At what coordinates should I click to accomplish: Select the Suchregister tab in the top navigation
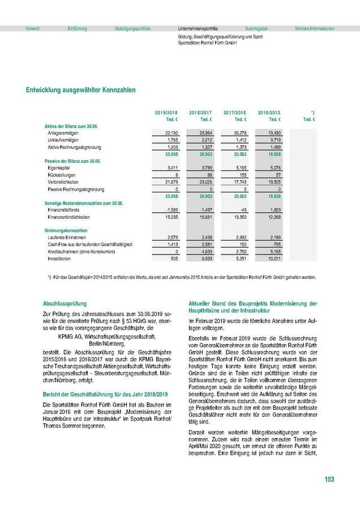click(x=256, y=28)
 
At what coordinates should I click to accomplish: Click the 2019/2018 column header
click(x=166, y=113)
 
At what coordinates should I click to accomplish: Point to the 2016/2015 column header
click(x=269, y=113)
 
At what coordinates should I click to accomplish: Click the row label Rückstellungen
click(x=61, y=175)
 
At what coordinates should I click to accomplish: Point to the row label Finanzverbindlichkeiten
click(x=69, y=217)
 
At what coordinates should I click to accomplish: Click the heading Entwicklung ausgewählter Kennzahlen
click(x=80, y=90)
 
